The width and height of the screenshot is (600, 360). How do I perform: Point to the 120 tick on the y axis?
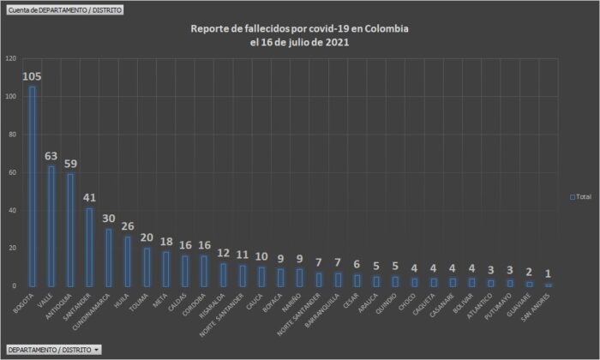(x=10, y=58)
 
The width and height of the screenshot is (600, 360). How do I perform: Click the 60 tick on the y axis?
(x=12, y=172)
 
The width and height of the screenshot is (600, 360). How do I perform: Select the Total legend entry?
(x=580, y=196)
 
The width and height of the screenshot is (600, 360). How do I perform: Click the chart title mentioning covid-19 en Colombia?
(x=299, y=29)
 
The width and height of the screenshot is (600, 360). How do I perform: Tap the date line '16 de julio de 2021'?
(x=299, y=42)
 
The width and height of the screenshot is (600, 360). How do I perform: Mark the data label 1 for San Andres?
(x=548, y=273)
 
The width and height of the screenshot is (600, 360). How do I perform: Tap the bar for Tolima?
(x=146, y=267)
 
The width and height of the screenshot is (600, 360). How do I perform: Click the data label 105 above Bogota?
(x=33, y=76)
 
